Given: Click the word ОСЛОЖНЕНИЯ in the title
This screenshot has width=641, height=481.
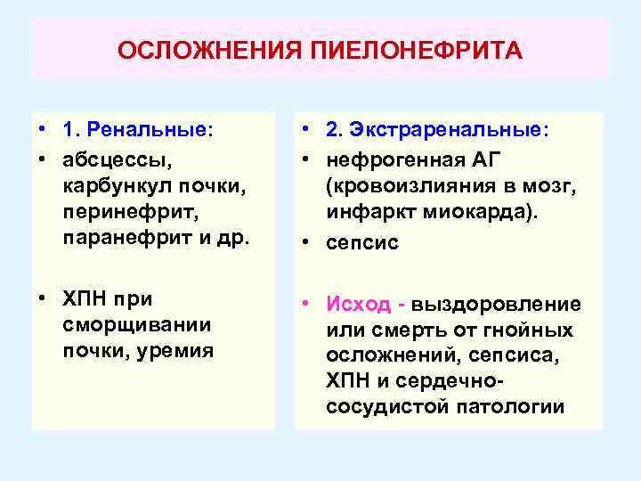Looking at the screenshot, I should click(x=211, y=50).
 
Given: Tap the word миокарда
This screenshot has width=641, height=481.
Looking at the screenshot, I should click(x=458, y=212).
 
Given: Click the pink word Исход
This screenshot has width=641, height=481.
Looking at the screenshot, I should click(x=358, y=304).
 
